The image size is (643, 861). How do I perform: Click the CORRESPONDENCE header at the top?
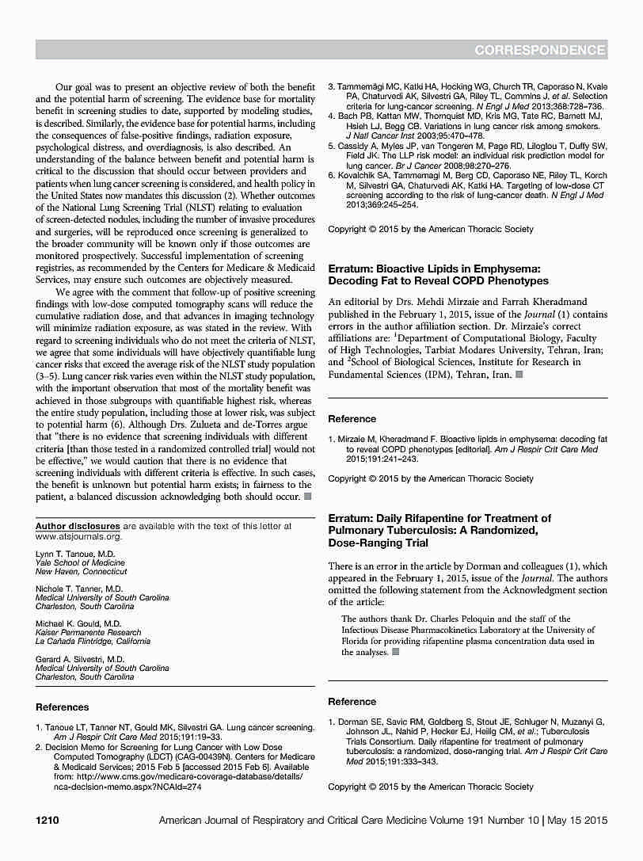tap(540, 51)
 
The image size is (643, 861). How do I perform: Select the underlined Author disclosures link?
tap(78, 526)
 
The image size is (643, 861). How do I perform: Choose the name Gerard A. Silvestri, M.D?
tap(80, 659)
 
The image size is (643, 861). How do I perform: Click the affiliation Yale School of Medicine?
tap(80, 562)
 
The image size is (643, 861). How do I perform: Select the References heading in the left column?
tap(63, 707)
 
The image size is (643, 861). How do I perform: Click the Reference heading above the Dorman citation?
tap(352, 702)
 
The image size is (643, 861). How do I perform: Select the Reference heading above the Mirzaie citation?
tap(352, 418)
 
